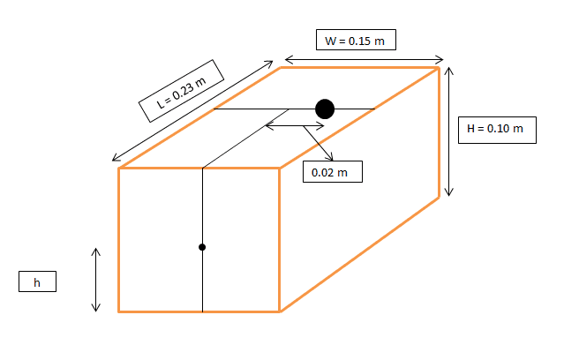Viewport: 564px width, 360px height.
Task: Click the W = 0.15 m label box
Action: [356, 40]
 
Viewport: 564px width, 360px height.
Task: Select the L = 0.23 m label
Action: [181, 91]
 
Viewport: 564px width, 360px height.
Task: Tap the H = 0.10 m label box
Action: [497, 130]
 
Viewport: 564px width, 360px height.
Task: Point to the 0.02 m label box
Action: [333, 171]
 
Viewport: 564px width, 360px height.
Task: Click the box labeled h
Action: [37, 281]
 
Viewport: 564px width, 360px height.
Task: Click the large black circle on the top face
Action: [325, 109]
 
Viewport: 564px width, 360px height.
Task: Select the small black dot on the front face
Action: [202, 247]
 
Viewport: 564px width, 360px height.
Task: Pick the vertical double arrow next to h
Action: [95, 280]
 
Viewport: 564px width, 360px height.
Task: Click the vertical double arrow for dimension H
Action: [448, 131]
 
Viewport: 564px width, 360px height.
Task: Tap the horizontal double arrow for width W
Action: [364, 60]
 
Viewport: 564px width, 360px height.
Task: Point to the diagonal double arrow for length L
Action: [192, 111]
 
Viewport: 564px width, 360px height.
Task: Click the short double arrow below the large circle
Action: [295, 126]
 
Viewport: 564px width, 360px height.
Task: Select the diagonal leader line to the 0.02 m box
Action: [319, 143]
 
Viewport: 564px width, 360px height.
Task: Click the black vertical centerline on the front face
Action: [202, 240]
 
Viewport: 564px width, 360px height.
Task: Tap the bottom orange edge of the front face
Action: [199, 311]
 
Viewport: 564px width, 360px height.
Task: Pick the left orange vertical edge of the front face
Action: [118, 240]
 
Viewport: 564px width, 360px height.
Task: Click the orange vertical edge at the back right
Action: [439, 132]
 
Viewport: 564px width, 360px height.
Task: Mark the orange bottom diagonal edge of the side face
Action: [359, 255]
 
